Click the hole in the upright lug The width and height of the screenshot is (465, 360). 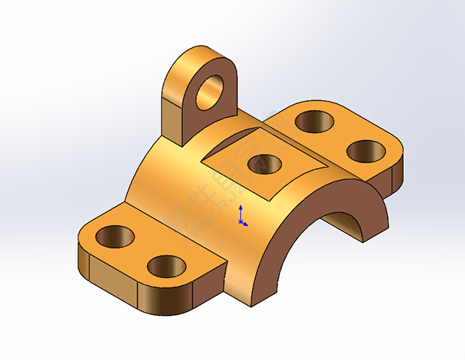coord(210,91)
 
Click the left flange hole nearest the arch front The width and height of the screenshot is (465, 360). coord(166,266)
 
